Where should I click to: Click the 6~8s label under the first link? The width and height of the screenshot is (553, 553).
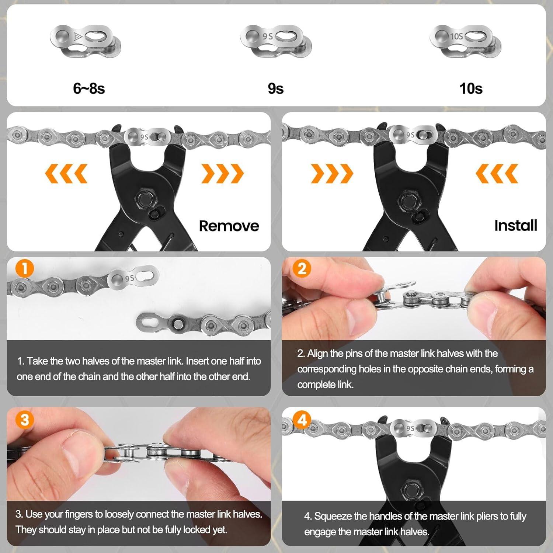[x=89, y=88]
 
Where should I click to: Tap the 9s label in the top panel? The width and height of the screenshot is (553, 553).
[x=276, y=88]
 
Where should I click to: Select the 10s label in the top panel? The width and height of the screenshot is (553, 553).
[x=471, y=88]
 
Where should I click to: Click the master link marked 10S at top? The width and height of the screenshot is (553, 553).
[x=465, y=41]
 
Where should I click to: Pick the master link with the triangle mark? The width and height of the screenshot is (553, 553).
[x=86, y=41]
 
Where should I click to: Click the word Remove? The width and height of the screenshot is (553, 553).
[x=229, y=226]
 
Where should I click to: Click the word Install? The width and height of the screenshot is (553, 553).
[x=515, y=225]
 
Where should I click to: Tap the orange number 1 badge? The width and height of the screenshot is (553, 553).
[x=25, y=268]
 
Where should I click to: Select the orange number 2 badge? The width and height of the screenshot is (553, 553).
[x=302, y=268]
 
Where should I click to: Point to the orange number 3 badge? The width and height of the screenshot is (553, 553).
[x=25, y=420]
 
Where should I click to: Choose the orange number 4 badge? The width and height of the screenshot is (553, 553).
[x=302, y=420]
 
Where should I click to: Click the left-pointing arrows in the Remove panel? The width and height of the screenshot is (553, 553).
[x=66, y=173]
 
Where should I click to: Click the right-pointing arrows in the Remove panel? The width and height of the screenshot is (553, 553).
[x=222, y=173]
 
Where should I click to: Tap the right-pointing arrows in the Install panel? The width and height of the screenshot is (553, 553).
[x=332, y=173]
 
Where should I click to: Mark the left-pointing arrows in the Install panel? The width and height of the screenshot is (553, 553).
[x=497, y=173]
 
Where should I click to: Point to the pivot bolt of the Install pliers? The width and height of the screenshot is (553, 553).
[x=408, y=201]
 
